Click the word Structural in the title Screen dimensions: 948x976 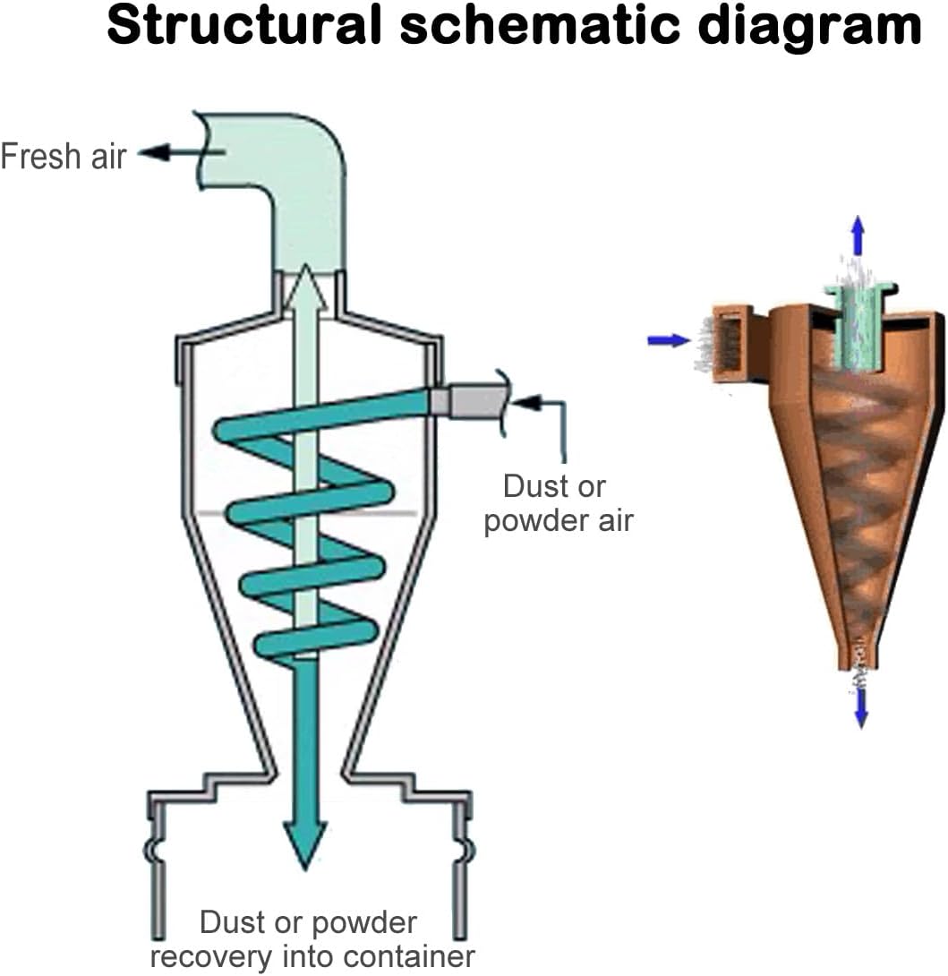[243, 26]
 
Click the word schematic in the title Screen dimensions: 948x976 [539, 26]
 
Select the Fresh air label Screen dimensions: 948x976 [64, 156]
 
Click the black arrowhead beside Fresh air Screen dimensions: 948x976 [154, 152]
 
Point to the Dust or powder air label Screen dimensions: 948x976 [558, 503]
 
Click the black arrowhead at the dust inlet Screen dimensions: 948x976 [524, 402]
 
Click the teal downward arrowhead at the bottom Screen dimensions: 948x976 [305, 843]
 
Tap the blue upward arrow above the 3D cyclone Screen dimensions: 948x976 [858, 235]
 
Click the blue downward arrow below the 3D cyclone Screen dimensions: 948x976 [861, 709]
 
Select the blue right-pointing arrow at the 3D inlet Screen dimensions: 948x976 [669, 340]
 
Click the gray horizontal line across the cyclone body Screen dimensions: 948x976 [306, 513]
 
